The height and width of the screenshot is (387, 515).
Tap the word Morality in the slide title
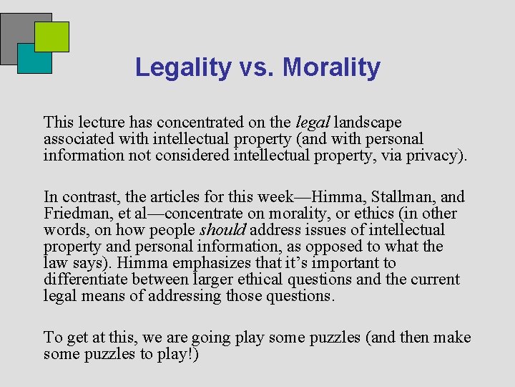click(x=331, y=67)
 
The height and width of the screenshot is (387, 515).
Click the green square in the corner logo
click(x=52, y=35)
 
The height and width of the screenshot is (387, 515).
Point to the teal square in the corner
click(x=29, y=63)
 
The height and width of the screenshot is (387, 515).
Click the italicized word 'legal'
click(x=313, y=123)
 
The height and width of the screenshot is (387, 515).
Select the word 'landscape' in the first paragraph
click(x=368, y=123)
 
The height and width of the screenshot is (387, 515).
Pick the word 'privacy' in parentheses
click(x=432, y=156)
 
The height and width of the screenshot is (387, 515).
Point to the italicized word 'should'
click(x=222, y=230)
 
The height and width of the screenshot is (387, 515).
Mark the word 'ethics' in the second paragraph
click(x=379, y=214)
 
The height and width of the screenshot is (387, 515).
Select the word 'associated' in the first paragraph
click(x=79, y=139)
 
